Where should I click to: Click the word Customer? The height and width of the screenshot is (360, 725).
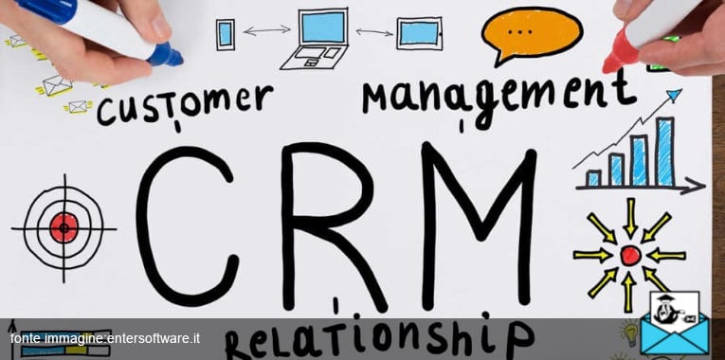(186, 103)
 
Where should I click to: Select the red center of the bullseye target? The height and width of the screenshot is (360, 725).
(64, 226)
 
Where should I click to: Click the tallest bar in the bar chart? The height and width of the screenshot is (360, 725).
(665, 152)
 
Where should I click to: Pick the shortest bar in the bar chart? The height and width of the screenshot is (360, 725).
(593, 177)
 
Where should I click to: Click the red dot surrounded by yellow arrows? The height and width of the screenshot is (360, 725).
(629, 255)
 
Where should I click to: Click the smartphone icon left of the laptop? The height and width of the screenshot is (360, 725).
(226, 34)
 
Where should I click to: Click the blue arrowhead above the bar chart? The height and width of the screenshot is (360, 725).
(674, 95)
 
